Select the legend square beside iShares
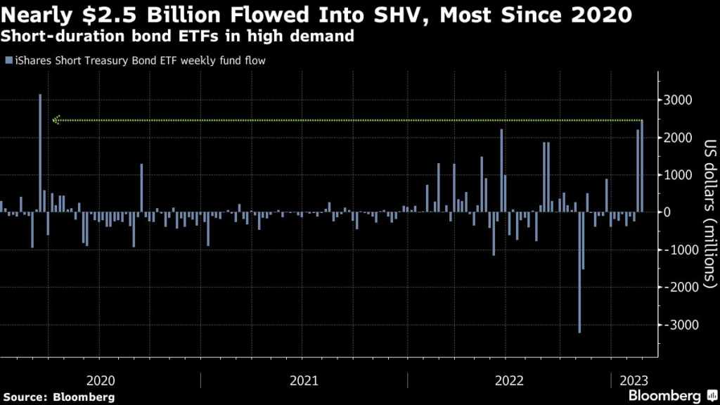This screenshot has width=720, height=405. pos(7,60)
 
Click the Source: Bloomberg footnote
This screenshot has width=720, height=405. pos(58,397)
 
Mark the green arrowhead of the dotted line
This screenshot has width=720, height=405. pos(56,120)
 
